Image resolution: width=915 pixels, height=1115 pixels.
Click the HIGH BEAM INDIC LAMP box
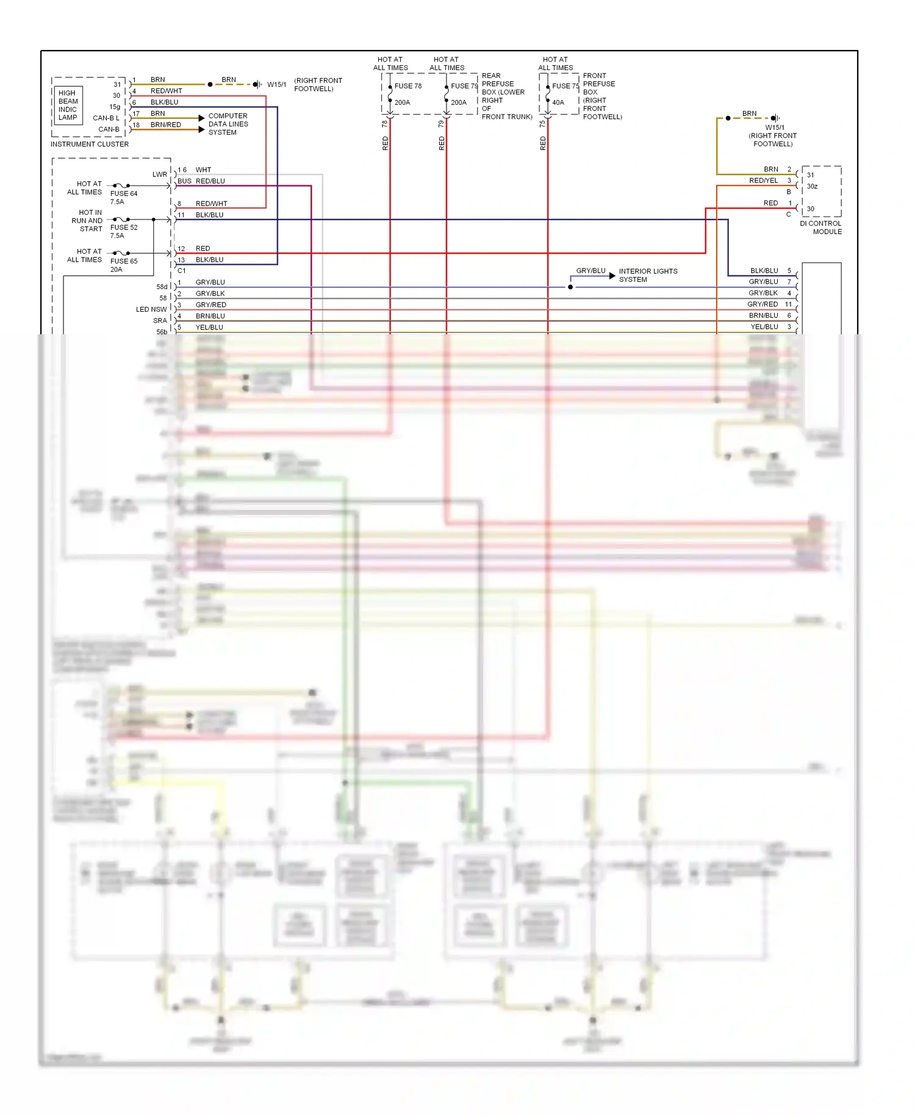click(68, 106)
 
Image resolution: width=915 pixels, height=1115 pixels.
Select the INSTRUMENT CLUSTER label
click(90, 145)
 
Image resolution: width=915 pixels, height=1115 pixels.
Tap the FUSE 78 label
click(408, 86)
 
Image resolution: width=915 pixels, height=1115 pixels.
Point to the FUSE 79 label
click(464, 86)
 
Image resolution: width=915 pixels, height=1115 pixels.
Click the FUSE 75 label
click(565, 86)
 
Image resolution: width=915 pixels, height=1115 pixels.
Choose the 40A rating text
click(558, 102)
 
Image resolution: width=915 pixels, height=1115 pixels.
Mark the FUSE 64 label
click(124, 193)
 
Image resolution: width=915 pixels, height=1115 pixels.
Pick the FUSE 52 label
click(124, 228)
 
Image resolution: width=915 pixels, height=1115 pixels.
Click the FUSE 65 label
click(124, 261)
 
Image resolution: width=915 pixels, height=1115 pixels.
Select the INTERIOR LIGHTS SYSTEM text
click(648, 275)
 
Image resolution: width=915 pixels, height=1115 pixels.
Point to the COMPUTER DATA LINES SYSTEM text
click(228, 124)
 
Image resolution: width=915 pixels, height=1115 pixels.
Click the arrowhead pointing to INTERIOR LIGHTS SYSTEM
click(612, 276)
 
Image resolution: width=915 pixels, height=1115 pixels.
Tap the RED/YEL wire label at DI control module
click(763, 181)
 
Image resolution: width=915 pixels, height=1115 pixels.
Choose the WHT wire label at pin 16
click(203, 170)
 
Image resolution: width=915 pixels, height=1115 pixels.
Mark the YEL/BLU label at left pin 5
click(209, 328)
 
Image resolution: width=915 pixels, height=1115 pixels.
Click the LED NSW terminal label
click(151, 309)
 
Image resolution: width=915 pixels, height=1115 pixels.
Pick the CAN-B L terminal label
click(106, 118)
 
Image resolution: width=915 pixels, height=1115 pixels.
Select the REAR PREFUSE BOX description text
click(506, 96)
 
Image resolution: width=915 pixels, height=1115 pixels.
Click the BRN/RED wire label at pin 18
click(166, 125)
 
